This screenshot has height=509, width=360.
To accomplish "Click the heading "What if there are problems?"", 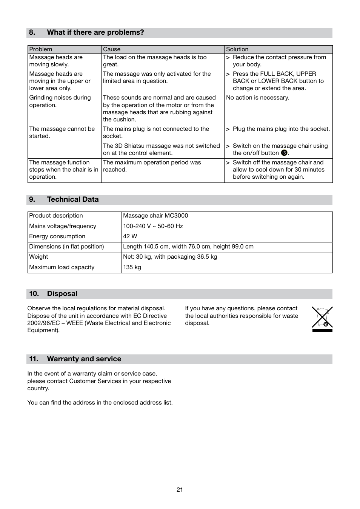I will pos(95,32).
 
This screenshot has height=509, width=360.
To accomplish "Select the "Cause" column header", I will pos(112,49).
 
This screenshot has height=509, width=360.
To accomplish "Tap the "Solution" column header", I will pos(237,49).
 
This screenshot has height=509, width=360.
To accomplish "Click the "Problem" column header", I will pos(41,49).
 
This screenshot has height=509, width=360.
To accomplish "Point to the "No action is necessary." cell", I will pos(258,98).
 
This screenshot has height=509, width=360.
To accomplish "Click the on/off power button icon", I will pos(284,153).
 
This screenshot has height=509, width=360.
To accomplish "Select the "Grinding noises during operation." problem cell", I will pos(60,101).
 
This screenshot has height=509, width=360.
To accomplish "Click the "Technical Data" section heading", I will pos(72,199).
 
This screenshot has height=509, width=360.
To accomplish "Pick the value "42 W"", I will pos(130,236).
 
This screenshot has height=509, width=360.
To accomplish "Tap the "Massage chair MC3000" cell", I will pos(155,216).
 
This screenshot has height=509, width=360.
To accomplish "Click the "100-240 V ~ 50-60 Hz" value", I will pos(153,226).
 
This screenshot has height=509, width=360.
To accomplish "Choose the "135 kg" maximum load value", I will pos(132,267).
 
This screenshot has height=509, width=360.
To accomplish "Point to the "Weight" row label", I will pos(38,257).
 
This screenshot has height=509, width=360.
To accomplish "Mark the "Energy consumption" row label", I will pos(57,236).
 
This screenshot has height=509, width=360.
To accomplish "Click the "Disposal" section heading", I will pos(62,294).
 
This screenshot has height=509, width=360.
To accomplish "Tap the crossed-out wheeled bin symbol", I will pos(322,319).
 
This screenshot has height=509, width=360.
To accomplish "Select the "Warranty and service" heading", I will pos(84,359).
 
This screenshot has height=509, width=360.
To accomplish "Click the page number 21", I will pos(180,490).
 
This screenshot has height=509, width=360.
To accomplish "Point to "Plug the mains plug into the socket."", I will pos(281,129).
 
